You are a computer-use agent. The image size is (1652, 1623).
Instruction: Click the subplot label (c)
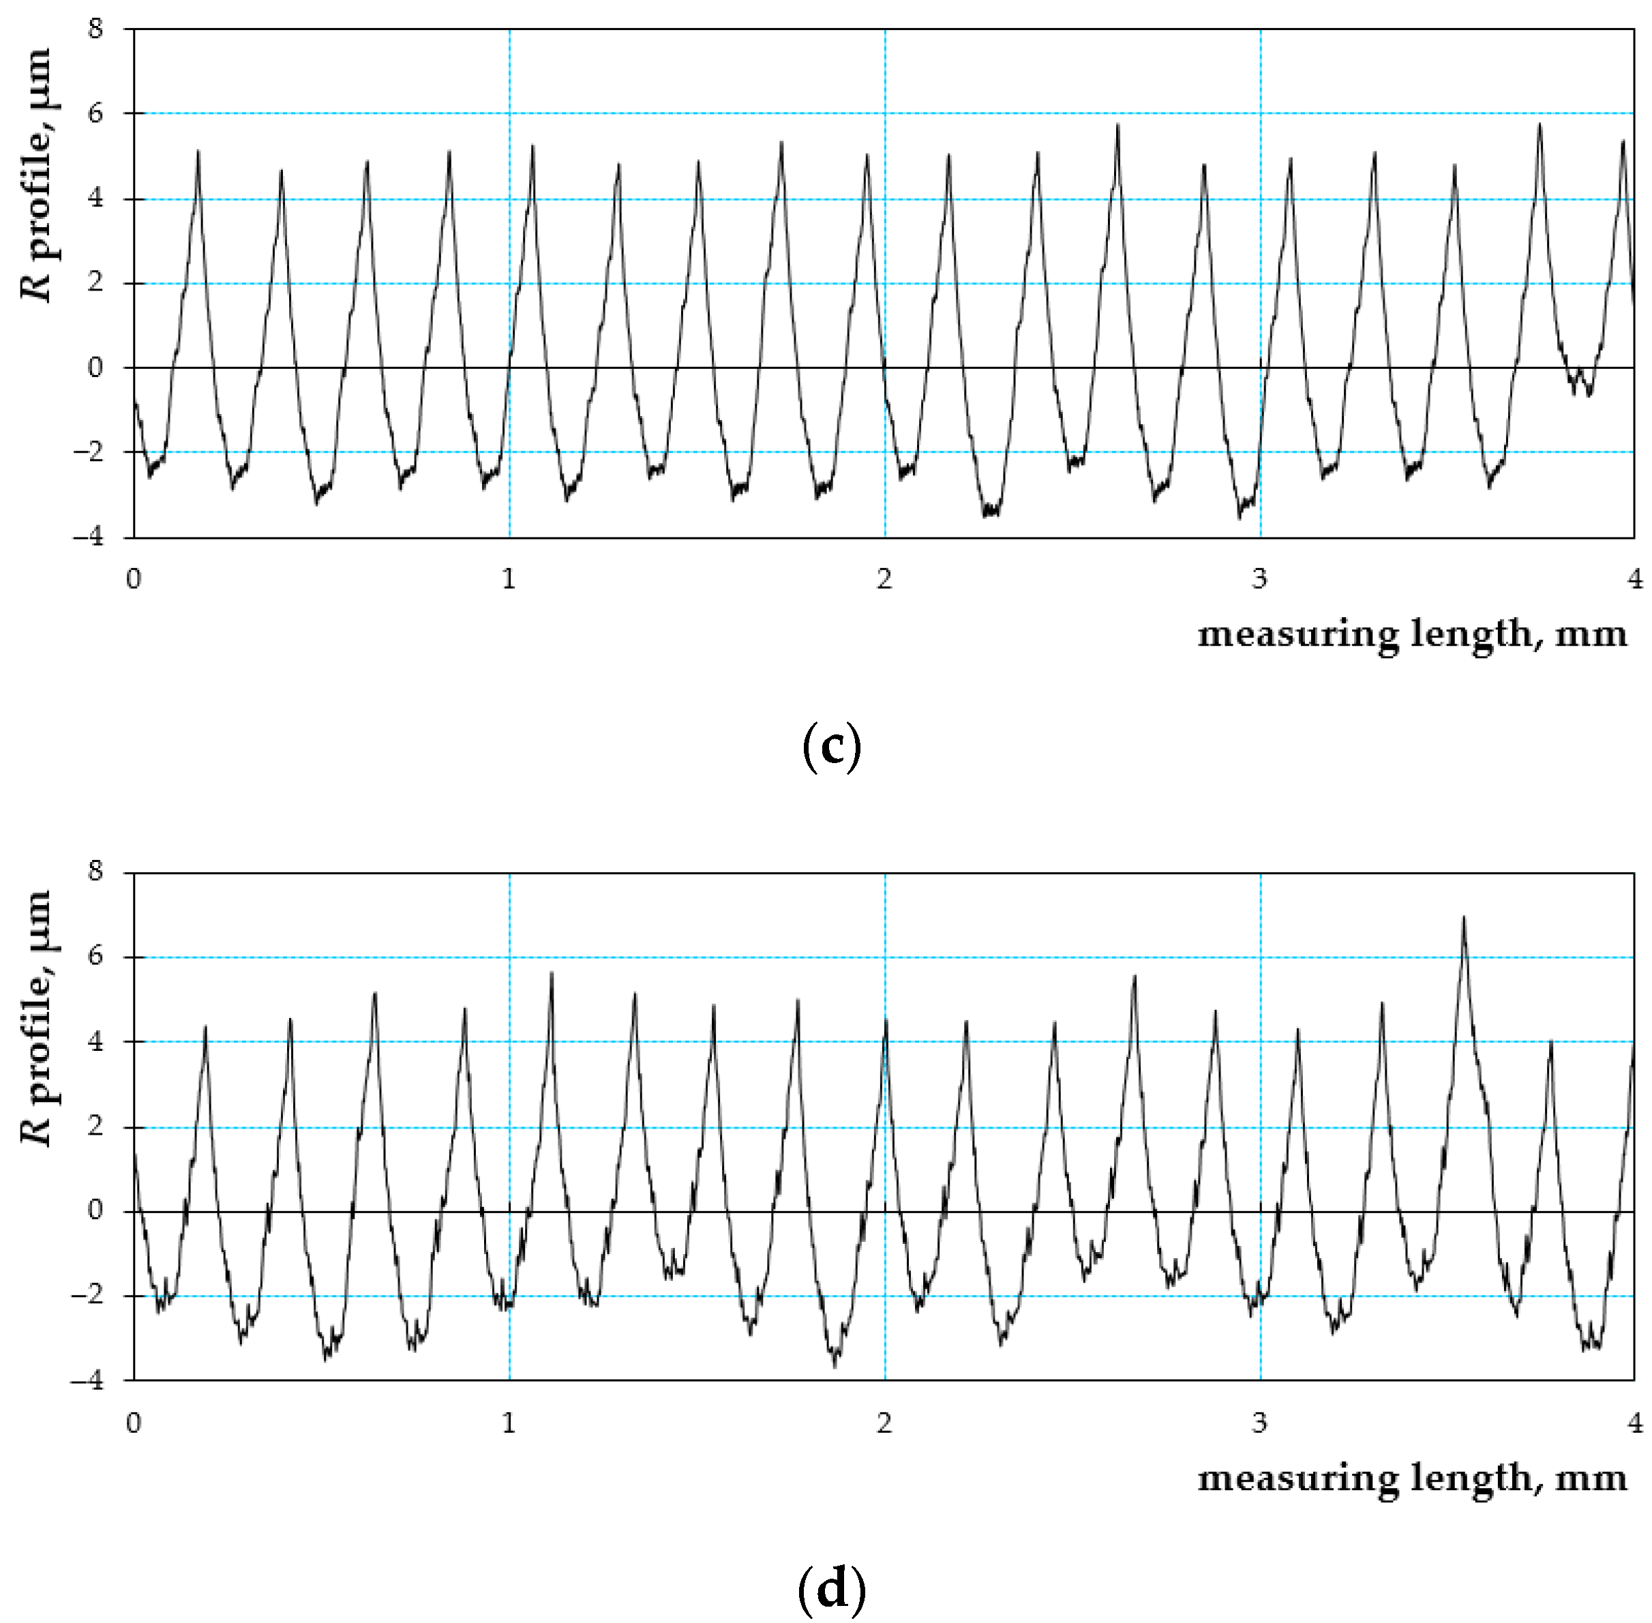tap(831, 747)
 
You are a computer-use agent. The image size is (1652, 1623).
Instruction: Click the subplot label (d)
tap(831, 1588)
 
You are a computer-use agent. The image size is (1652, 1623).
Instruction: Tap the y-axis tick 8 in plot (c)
tap(95, 29)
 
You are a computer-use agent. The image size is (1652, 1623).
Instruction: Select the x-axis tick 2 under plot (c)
tap(884, 580)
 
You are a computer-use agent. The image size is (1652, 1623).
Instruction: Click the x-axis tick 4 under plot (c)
tap(1633, 580)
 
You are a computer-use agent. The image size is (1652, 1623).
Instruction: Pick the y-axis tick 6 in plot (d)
tap(95, 955)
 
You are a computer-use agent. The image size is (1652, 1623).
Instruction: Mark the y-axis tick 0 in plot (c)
tap(95, 368)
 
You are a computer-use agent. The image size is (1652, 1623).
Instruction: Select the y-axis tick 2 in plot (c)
tap(95, 282)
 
